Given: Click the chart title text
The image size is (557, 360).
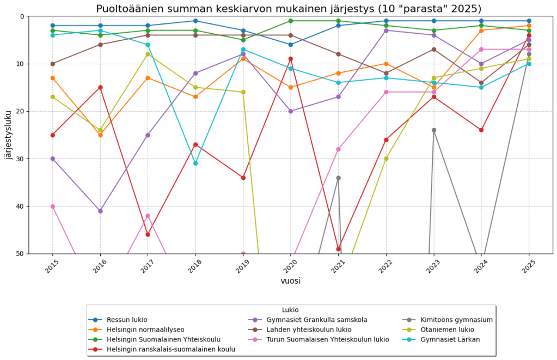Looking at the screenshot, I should click(289, 9).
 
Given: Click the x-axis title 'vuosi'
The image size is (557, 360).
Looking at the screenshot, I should click(290, 281).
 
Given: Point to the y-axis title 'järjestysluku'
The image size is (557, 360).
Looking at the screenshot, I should click(8, 135).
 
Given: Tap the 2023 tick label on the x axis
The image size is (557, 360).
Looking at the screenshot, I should click(432, 266).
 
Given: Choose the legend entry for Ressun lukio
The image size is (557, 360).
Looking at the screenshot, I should click(127, 320).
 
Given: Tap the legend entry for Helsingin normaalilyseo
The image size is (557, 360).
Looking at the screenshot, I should click(145, 330).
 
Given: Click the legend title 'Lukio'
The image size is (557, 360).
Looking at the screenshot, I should click(290, 310).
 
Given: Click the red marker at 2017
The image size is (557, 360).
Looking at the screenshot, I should click(148, 235).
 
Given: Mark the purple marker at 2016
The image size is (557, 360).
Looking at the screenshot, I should click(100, 211).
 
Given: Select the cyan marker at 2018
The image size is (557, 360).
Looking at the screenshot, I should click(195, 163).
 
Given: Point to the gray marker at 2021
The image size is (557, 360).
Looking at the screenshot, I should click(338, 178).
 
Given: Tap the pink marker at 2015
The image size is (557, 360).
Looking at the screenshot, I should click(53, 206).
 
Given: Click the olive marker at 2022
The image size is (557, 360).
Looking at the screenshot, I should click(386, 158).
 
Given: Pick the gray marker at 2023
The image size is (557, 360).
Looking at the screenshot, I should click(433, 130).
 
